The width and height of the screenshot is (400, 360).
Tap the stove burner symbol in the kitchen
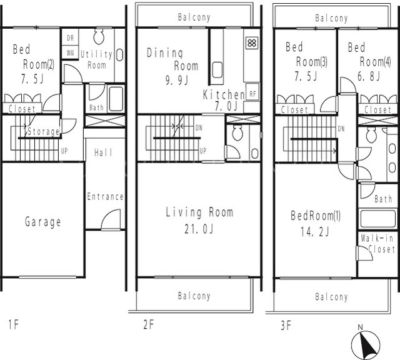click(252, 43)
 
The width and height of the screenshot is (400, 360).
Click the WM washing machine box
click(70, 52)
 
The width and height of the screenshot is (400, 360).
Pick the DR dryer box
click(70, 37)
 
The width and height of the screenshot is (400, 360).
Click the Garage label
click(43, 222)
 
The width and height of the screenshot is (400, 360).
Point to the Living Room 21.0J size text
click(199, 229)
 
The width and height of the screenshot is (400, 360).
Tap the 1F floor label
click(14, 325)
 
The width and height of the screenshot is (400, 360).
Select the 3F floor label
click(286, 325)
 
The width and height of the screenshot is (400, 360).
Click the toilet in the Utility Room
click(99, 36)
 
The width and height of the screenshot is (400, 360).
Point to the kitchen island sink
click(217, 69)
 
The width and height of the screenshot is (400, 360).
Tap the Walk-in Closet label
click(377, 244)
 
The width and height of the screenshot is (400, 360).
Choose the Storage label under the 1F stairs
click(43, 132)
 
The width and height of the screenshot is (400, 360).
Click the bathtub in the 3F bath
click(377, 219)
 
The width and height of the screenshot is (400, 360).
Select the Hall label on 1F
click(103, 152)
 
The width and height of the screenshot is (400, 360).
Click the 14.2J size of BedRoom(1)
click(314, 232)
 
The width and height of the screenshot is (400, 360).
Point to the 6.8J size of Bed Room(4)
click(369, 76)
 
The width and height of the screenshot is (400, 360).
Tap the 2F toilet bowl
click(237, 132)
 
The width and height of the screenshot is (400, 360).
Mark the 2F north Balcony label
click(194, 17)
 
